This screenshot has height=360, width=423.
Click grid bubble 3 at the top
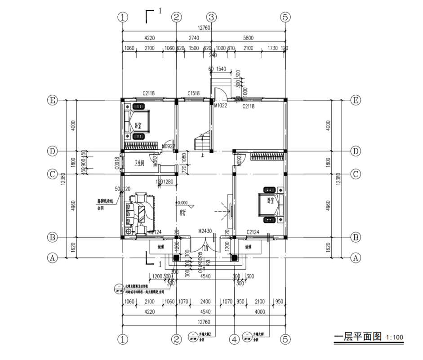(x=212, y=17)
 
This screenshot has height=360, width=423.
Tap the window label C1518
(x=194, y=93)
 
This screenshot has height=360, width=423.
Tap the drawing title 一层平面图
(x=357, y=337)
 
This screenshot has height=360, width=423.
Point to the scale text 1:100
(x=394, y=338)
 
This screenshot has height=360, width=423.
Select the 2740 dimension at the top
(x=194, y=39)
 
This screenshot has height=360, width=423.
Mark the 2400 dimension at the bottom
(x=205, y=302)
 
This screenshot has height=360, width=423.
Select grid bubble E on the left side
(x=52, y=100)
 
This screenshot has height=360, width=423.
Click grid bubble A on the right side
(x=356, y=258)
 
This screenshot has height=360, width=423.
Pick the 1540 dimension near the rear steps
(x=222, y=69)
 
